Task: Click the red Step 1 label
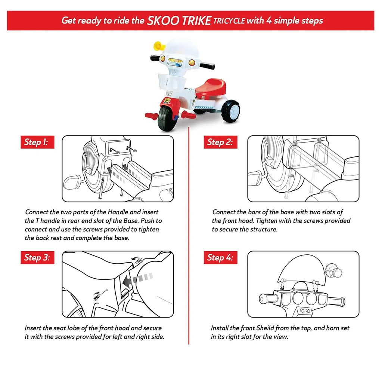pos(37,142)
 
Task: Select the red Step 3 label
pos(37,258)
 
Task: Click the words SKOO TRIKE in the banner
pos(179,21)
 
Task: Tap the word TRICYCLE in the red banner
pos(229,21)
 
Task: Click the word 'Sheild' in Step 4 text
pos(265,328)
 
